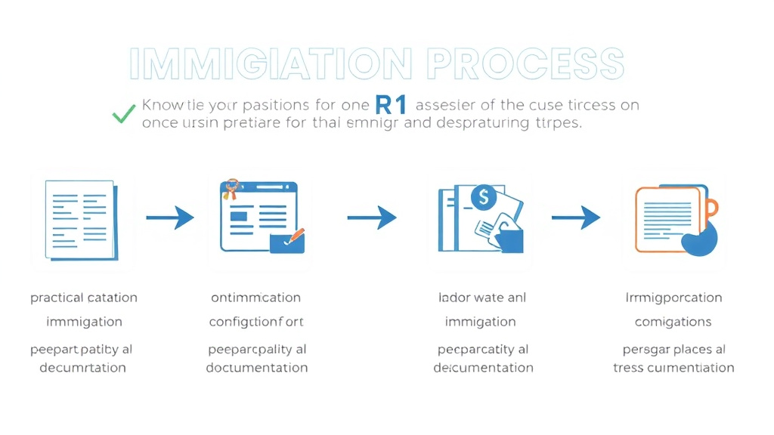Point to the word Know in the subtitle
click(x=162, y=106)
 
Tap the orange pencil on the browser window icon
click(x=295, y=235)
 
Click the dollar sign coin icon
click(x=481, y=198)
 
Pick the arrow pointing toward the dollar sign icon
click(x=372, y=218)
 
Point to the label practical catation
click(x=84, y=298)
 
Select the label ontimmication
click(x=256, y=298)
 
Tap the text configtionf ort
click(x=256, y=322)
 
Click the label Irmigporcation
click(x=673, y=298)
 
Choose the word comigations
click(x=673, y=322)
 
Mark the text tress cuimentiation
click(x=673, y=368)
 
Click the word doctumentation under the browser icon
click(x=256, y=368)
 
